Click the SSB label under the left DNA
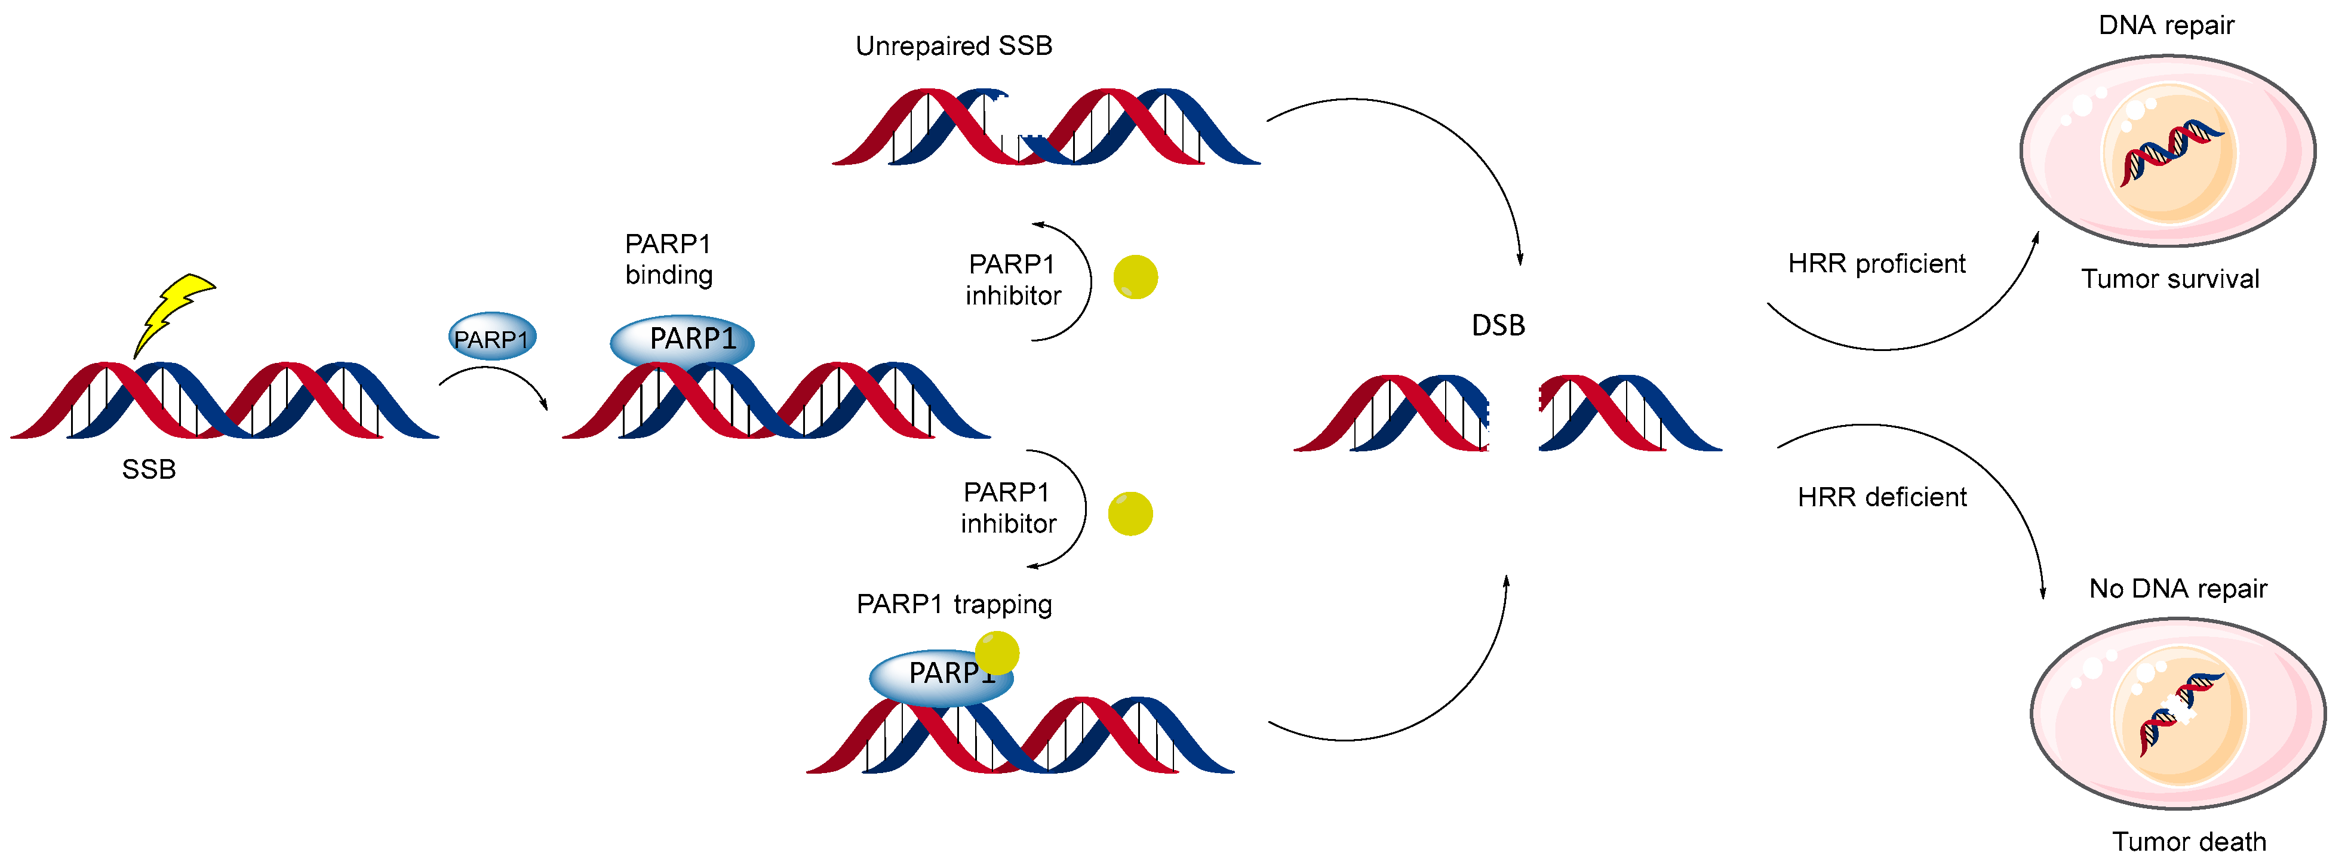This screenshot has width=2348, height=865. point(149,469)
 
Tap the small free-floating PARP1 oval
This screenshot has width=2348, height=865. point(492,338)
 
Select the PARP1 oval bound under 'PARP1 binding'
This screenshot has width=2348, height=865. point(682,341)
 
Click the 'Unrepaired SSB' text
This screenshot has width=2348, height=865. point(954,45)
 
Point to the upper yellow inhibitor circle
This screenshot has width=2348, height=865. point(1136,277)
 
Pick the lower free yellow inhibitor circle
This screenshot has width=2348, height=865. point(1130,514)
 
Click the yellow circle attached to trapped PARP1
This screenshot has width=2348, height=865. point(997,652)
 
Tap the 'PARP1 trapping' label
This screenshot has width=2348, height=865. point(954,604)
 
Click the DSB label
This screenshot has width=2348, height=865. point(1498,325)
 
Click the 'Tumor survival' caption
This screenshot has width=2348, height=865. point(2169,279)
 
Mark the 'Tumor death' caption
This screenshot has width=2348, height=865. point(2189,841)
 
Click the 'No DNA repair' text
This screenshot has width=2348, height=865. point(2178,589)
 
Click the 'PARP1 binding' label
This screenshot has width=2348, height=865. point(668,259)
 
